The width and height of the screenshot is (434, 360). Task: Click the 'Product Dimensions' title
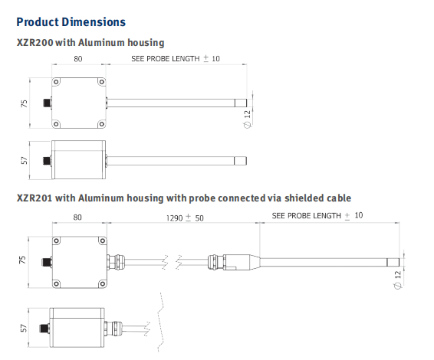[x=71, y=22]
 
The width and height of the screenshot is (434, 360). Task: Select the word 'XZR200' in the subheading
[x=35, y=43]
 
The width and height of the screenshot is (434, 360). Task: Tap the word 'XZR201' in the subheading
[x=35, y=198]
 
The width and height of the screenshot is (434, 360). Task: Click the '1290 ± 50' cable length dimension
[x=185, y=218]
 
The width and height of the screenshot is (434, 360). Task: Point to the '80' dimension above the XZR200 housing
[x=78, y=59]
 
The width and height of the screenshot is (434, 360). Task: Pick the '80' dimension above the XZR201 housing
[x=77, y=218]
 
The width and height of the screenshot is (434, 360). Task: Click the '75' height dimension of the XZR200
[x=24, y=103]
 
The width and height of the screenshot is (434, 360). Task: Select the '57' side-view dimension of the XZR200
[x=24, y=160]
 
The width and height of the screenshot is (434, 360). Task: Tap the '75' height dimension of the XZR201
[x=22, y=260]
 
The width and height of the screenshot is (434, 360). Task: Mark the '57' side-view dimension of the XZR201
[x=24, y=328]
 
